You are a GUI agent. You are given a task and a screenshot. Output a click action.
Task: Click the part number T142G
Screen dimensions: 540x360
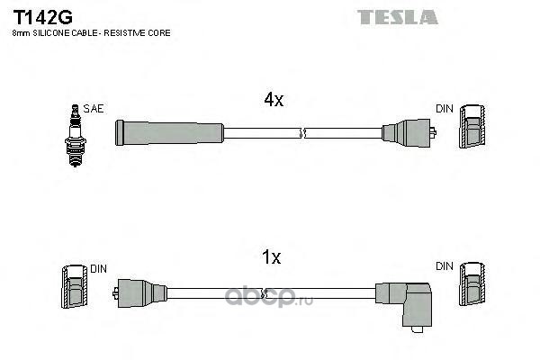click(x=42, y=17)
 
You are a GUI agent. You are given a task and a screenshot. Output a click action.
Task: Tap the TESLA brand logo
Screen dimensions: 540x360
click(x=398, y=17)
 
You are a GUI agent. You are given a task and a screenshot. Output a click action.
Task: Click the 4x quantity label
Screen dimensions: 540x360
click(x=274, y=100)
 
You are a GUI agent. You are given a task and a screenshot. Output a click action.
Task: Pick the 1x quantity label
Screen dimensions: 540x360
click(x=272, y=257)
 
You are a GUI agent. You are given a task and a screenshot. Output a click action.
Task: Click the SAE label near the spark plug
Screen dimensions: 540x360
click(x=94, y=109)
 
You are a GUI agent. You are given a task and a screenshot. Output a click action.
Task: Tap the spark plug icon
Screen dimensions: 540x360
click(x=75, y=135)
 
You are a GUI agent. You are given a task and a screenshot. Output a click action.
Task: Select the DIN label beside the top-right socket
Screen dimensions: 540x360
click(x=445, y=109)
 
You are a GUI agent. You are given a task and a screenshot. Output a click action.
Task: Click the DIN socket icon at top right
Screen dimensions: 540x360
click(x=472, y=126)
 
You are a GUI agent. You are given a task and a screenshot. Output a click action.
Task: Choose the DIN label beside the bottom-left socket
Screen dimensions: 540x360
click(x=98, y=269)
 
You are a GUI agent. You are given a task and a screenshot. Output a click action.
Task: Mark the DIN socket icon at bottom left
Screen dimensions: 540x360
click(x=75, y=286)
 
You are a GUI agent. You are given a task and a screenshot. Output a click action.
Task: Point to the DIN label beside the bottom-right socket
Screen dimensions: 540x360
click(x=445, y=266)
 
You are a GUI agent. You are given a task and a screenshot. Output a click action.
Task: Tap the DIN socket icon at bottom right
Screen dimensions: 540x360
click(x=472, y=283)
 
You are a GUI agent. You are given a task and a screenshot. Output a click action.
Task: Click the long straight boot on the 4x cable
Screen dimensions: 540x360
click(x=169, y=132)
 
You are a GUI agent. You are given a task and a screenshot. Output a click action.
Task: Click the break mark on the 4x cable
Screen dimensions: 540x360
click(x=302, y=133)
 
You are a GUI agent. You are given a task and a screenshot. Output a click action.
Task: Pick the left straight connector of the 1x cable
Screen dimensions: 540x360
click(x=140, y=293)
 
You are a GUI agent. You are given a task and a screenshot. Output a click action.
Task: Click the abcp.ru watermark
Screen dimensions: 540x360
click(x=269, y=297)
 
